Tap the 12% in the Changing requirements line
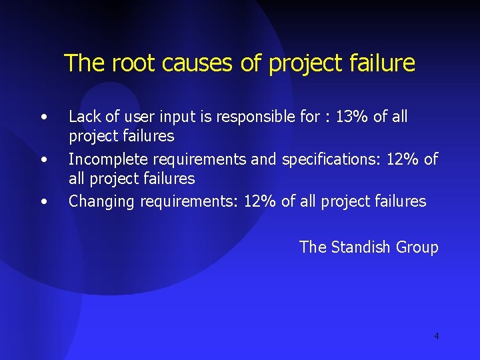[260, 201]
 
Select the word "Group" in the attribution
[417, 247]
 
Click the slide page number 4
[437, 336]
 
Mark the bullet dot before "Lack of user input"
[43, 117]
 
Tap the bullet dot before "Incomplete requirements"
[43, 160]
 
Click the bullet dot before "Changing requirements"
[43, 202]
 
